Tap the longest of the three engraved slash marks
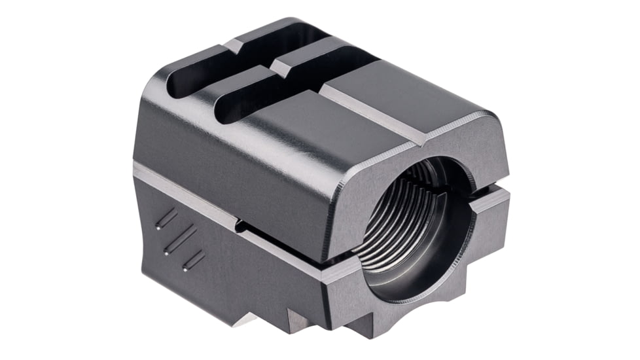181,239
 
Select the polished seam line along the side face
196,196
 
